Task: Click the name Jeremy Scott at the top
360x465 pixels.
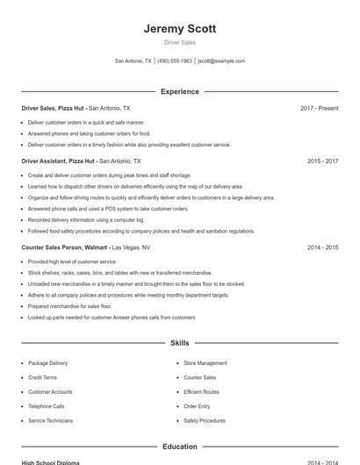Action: pyautogui.click(x=179, y=28)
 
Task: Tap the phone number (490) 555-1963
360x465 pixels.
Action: pyautogui.click(x=175, y=61)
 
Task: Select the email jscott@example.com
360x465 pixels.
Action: pyautogui.click(x=221, y=61)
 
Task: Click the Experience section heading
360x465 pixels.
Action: pyautogui.click(x=179, y=91)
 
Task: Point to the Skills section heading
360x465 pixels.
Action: pyautogui.click(x=179, y=343)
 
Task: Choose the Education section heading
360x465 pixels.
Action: pyautogui.click(x=179, y=447)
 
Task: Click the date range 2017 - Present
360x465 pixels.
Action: pyautogui.click(x=319, y=109)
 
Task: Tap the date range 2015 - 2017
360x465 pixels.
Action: pyautogui.click(x=322, y=161)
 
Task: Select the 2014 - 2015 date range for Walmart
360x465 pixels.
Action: pyautogui.click(x=322, y=248)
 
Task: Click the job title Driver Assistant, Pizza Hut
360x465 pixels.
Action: pyautogui.click(x=58, y=161)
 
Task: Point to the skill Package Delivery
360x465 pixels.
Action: pyautogui.click(x=47, y=363)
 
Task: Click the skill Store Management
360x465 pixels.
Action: pyautogui.click(x=205, y=363)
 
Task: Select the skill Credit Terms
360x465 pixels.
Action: pyautogui.click(x=42, y=377)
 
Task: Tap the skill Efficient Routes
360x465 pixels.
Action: pyautogui.click(x=201, y=392)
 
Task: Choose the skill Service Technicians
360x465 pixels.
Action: pyautogui.click(x=50, y=421)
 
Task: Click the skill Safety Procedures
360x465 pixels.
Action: pyautogui.click(x=204, y=421)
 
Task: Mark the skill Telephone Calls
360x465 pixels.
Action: pyautogui.click(x=46, y=406)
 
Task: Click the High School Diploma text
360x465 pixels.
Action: pyautogui.click(x=50, y=462)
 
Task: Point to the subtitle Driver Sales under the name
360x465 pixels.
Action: pyautogui.click(x=179, y=42)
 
